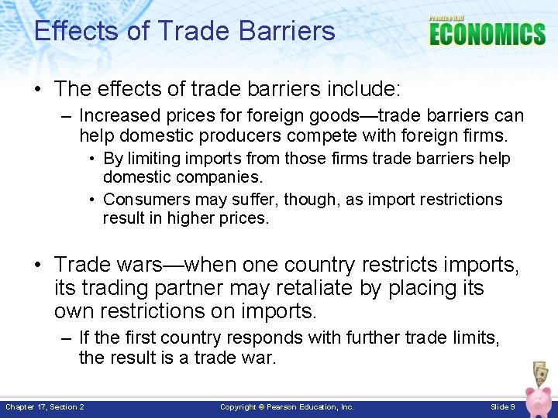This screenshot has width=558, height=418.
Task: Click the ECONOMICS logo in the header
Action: [x=487, y=34]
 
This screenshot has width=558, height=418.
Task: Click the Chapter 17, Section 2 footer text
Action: [x=45, y=406]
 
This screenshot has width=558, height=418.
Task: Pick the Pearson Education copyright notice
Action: [x=287, y=406]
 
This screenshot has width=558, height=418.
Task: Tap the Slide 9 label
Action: [x=502, y=406]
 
